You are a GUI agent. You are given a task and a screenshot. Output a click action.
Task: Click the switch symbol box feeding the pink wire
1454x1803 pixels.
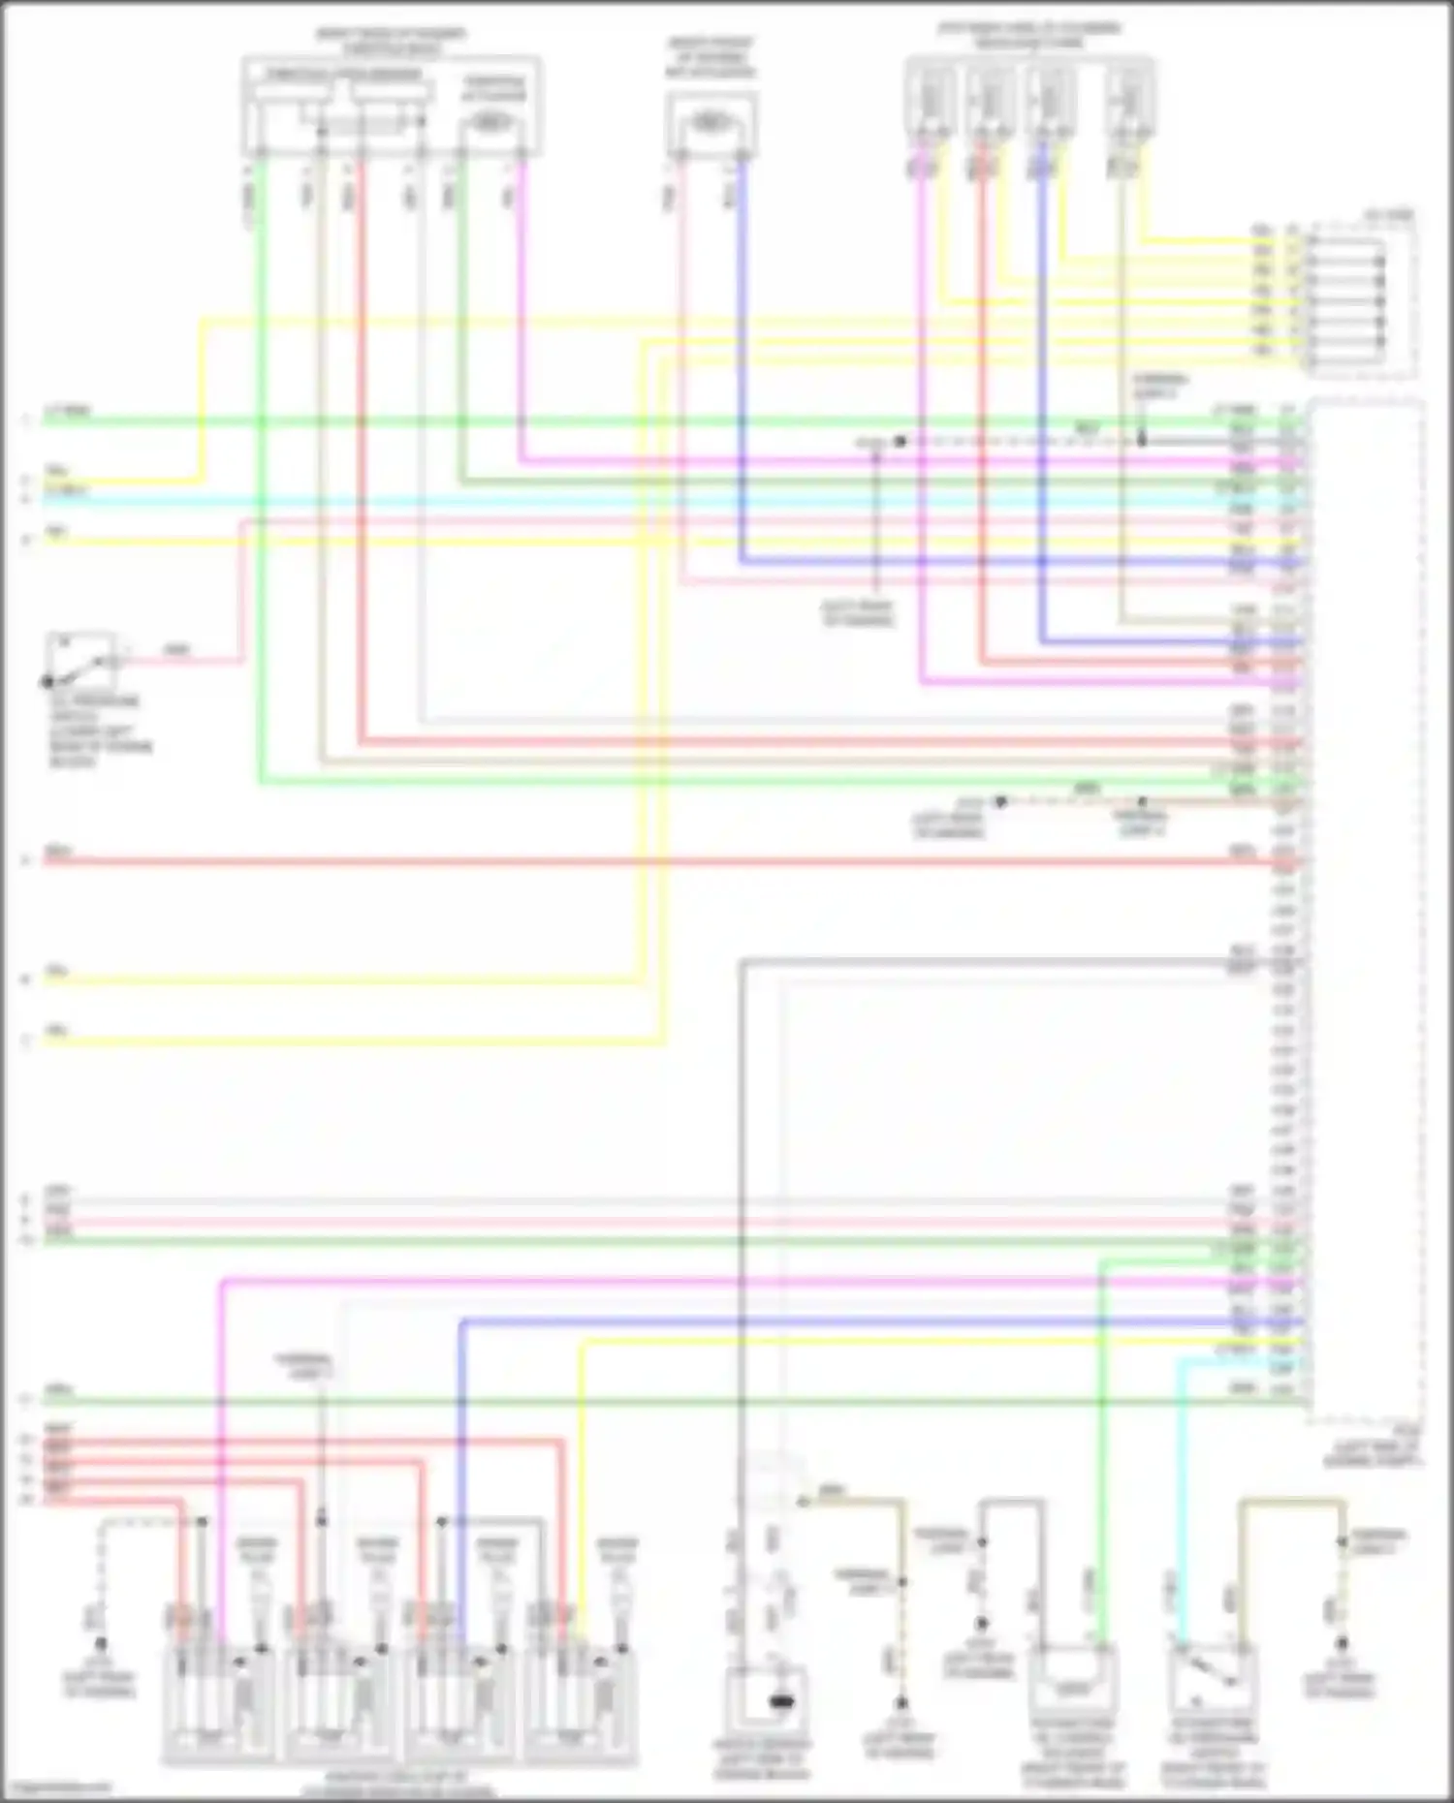pos(83,660)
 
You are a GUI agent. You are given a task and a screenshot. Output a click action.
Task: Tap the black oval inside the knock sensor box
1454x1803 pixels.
pos(780,1700)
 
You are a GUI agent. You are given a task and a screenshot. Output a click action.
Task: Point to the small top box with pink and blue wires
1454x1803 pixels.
pos(711,125)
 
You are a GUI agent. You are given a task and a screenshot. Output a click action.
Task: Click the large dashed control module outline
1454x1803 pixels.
pos(1367,911)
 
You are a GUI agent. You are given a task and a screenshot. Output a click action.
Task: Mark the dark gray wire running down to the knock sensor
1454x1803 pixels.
pos(742,1259)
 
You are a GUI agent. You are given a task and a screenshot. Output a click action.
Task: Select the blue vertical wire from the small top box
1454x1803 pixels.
pos(743,368)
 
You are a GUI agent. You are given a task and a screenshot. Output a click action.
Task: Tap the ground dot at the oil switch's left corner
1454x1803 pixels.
pos(47,682)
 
